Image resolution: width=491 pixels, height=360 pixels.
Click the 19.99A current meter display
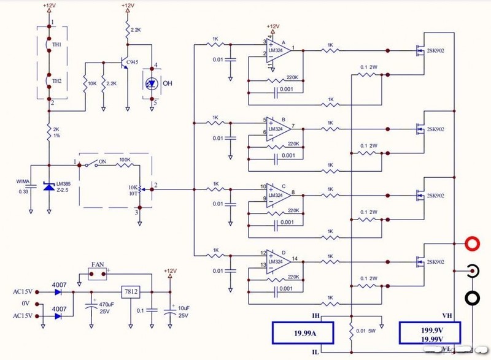302,334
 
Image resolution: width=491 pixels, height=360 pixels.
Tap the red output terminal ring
472,244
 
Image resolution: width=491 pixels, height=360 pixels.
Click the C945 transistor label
133,62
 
